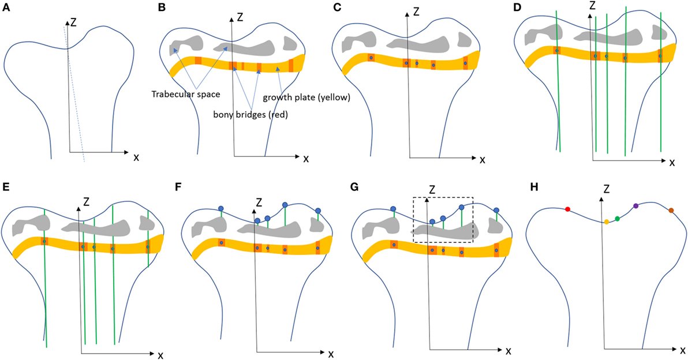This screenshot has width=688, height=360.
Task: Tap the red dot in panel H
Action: click(x=567, y=209)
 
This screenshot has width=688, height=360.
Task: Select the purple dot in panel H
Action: click(x=635, y=206)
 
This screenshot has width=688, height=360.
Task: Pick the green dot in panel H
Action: click(x=618, y=219)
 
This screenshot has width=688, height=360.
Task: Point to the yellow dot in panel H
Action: click(x=607, y=222)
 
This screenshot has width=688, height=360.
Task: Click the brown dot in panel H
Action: click(x=671, y=211)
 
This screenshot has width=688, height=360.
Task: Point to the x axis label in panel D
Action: click(x=671, y=163)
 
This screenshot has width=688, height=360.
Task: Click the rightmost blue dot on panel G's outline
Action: click(x=496, y=211)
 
